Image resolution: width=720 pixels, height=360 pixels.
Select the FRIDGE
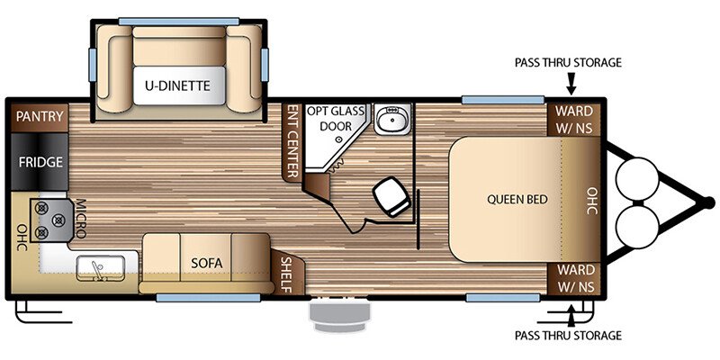[40, 162]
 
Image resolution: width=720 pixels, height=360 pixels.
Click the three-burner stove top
[51, 220]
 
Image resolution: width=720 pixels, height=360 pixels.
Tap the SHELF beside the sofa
[286, 274]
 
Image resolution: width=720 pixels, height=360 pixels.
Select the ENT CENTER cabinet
[292, 140]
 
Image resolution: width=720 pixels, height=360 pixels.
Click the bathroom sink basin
[391, 119]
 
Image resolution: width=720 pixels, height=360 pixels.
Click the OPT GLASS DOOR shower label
[336, 119]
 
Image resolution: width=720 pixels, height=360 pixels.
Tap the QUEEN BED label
[517, 199]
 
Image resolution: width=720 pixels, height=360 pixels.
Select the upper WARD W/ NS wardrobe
[574, 120]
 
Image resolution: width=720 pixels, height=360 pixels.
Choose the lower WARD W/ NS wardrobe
[575, 278]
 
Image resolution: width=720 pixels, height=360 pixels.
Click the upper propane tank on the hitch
[637, 179]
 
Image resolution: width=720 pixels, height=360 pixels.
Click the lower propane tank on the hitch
[637, 227]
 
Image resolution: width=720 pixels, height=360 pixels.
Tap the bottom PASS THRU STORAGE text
[568, 335]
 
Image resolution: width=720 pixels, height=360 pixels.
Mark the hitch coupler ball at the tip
[709, 202]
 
